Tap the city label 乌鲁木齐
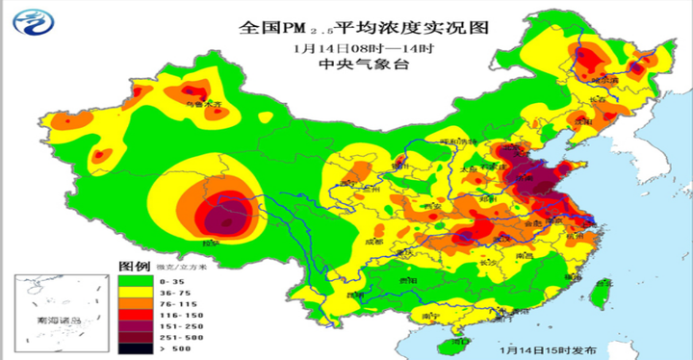[x=204, y=102]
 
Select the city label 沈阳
[x=580, y=122]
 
